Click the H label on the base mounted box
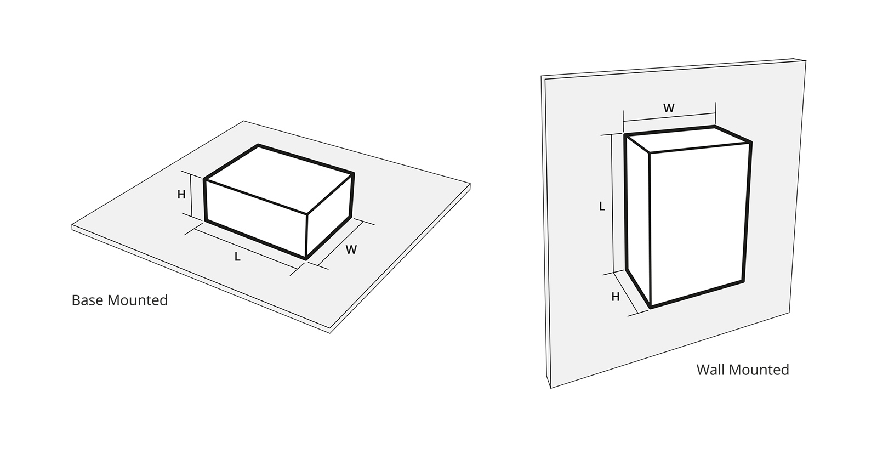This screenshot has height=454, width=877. point(181,194)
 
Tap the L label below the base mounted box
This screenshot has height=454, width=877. point(237,257)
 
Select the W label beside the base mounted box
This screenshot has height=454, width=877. point(351,249)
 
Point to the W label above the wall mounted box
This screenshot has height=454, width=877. point(669,108)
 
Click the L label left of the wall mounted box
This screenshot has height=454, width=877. point(602,206)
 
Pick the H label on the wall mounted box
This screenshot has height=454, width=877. point(616,297)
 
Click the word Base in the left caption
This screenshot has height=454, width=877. point(88,300)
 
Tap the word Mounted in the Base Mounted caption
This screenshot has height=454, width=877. point(138,300)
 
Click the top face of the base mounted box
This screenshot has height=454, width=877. point(279,179)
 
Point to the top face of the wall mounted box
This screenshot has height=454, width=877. point(688,139)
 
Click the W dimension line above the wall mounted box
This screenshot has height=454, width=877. point(669,117)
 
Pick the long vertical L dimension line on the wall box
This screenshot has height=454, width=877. point(612,203)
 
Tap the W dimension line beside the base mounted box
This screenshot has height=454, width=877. point(340,243)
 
